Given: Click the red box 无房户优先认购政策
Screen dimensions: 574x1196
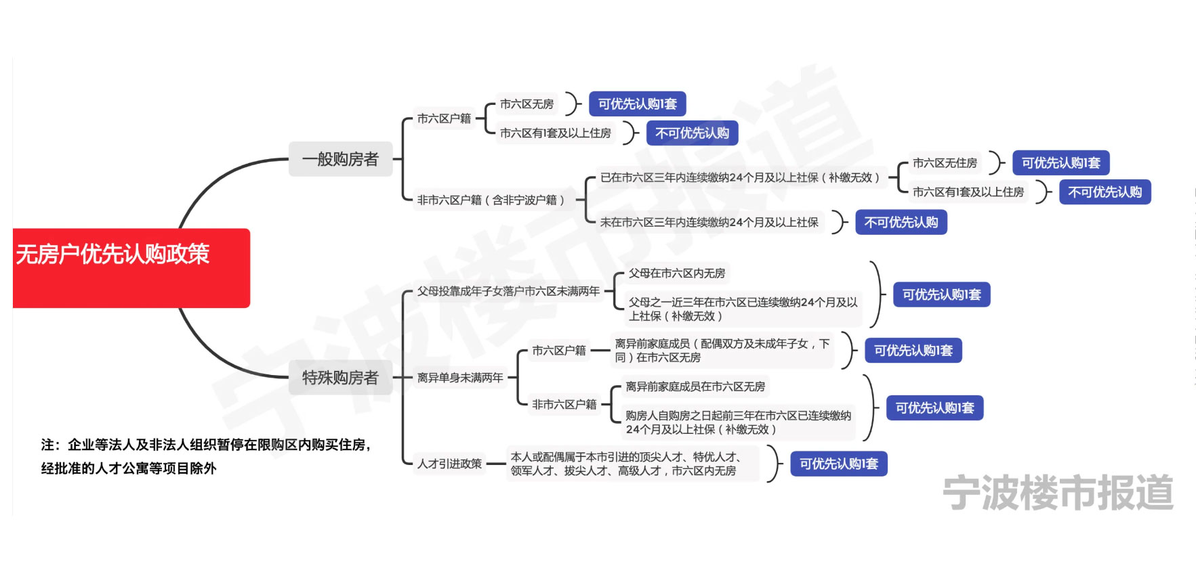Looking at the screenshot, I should (x=131, y=267).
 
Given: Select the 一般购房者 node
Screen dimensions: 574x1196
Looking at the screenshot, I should (x=340, y=159).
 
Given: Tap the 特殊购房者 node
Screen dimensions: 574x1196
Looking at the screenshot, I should (x=340, y=378).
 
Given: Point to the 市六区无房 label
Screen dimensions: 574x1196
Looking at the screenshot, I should (x=527, y=104).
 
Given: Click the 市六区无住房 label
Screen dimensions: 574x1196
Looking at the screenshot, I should (x=945, y=163).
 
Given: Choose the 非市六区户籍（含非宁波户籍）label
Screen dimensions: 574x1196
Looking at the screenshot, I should (x=491, y=200).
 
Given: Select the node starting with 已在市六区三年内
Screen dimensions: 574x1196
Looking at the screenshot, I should (x=740, y=178).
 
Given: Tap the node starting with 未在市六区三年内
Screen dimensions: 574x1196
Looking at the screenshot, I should (x=709, y=223).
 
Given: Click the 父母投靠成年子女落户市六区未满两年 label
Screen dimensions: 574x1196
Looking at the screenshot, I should (x=508, y=292).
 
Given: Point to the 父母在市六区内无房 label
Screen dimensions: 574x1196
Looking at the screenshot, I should (x=676, y=273).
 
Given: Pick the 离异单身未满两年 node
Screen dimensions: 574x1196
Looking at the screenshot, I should (x=460, y=378).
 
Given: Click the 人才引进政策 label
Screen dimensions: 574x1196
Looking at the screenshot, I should (x=449, y=464).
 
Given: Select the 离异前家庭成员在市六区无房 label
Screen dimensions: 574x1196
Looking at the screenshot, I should (x=695, y=387).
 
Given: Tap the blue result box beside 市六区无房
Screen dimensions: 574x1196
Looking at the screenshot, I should (x=637, y=104).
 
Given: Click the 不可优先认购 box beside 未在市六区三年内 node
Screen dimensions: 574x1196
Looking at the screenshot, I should (x=901, y=223).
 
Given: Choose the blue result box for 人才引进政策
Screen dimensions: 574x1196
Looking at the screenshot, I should (x=838, y=464).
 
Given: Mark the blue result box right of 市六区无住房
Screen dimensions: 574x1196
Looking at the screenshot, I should (x=1060, y=163).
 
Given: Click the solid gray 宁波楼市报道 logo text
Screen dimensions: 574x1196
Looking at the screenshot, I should (x=1057, y=493).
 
